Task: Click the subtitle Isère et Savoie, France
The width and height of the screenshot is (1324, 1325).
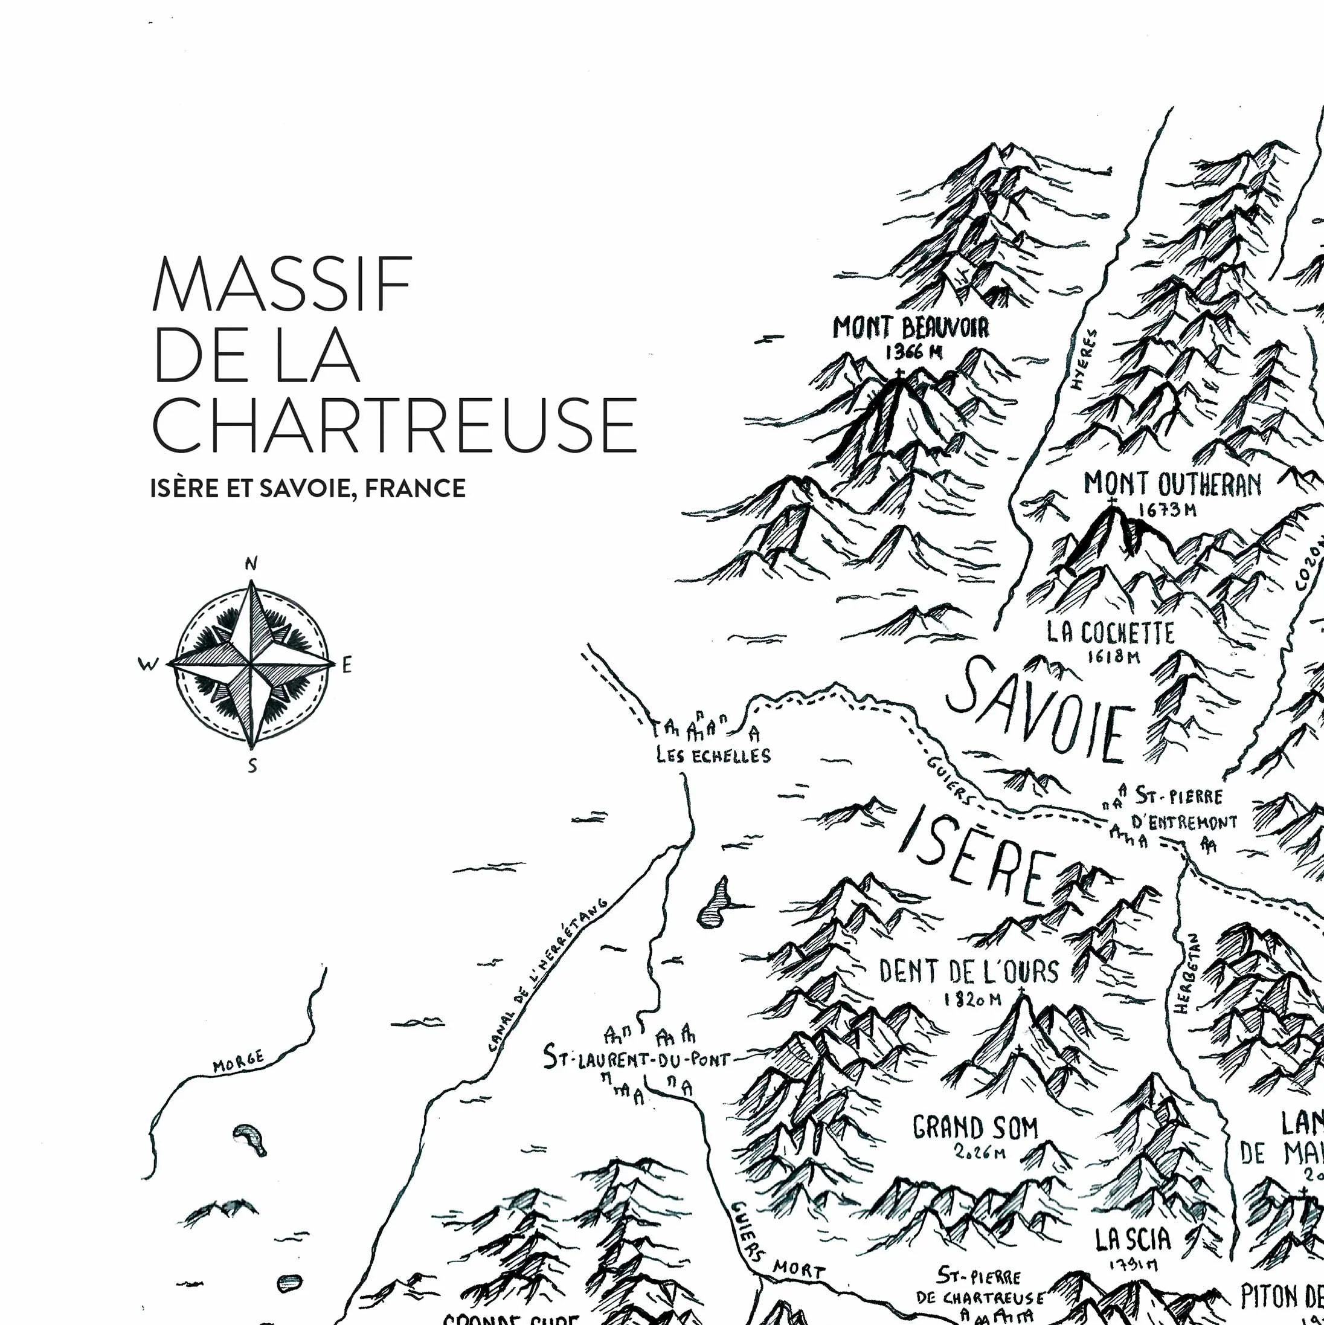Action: [308, 488]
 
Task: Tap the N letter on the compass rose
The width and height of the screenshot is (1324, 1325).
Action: [251, 564]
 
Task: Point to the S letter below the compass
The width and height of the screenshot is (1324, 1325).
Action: [252, 766]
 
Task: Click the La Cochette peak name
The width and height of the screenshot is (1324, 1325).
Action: [1110, 633]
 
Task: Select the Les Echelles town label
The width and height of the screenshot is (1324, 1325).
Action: [713, 756]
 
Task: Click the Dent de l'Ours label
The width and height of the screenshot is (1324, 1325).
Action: [969, 971]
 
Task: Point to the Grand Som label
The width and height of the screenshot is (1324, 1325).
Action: [975, 1127]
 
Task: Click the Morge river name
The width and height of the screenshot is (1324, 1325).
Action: [238, 1062]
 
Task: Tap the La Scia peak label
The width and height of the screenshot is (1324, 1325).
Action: [1133, 1239]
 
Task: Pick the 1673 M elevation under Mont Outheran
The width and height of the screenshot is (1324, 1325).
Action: [1168, 511]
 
